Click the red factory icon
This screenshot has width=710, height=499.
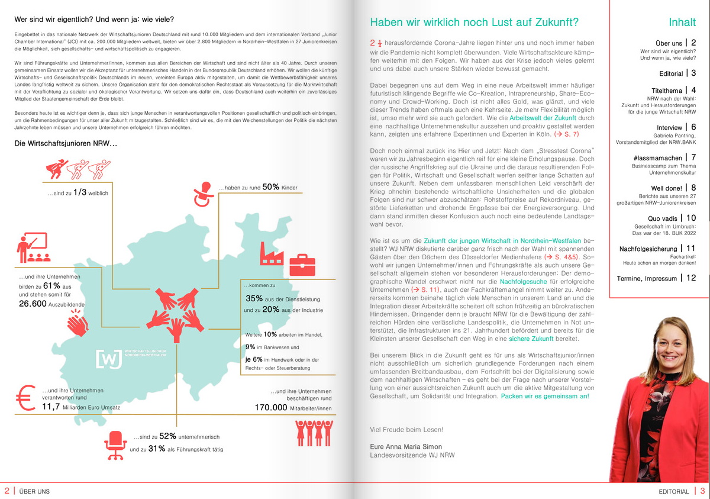[x=272, y=253]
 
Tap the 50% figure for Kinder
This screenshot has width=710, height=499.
[x=271, y=187]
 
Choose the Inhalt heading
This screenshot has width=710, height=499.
[x=682, y=23]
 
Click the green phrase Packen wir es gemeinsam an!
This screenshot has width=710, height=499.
[x=545, y=396]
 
